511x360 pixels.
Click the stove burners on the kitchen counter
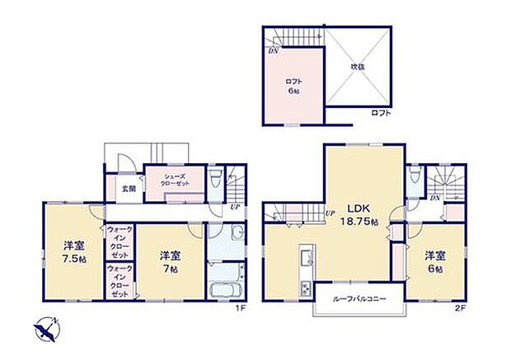click(x=305, y=289)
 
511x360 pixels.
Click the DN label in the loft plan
click(x=272, y=50)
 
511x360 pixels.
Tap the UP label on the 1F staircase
click(x=237, y=206)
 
